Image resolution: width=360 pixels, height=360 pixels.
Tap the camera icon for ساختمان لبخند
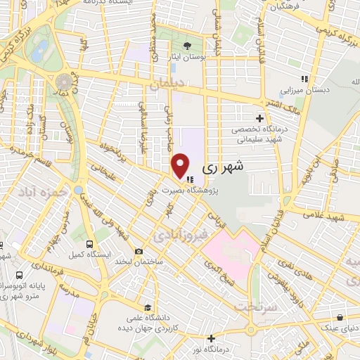pyautogui.click(x=139, y=252)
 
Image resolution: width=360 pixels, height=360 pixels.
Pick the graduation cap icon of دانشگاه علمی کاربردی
pyautogui.click(x=148, y=307)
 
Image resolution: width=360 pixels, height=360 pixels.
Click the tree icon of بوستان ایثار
pyautogui.click(x=186, y=46)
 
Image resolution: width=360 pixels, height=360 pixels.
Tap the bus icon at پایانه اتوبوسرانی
pyautogui.click(x=17, y=275)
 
